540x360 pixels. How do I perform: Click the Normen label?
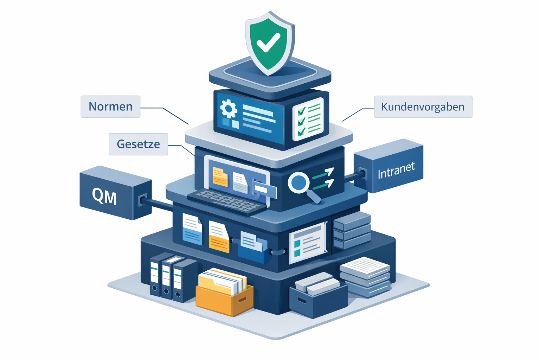coord(110,107)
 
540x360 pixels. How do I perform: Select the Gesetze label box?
coord(138,144)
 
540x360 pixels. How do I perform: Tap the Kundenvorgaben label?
coord(423,107)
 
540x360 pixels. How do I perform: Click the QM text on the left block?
coord(104,196)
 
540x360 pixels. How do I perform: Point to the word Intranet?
coord(396,170)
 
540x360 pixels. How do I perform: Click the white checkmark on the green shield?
coord(268,43)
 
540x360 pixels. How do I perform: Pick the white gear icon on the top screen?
coord(229,109)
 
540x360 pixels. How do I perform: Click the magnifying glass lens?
coord(298,182)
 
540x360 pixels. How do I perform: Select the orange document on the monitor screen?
coord(220,177)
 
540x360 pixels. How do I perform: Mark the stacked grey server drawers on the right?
coord(352,230)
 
